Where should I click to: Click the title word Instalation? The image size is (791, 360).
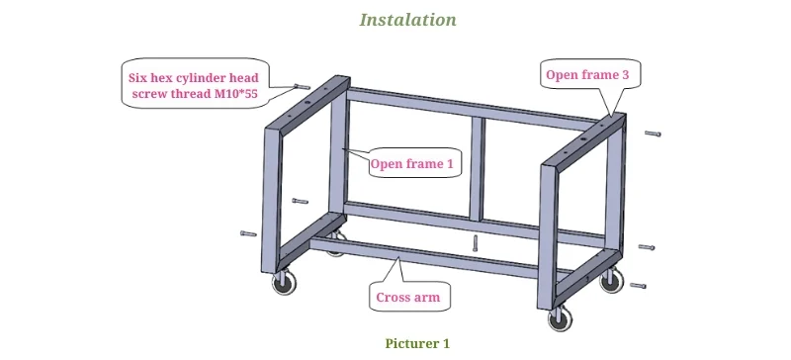(x=407, y=20)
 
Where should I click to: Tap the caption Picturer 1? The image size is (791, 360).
(x=417, y=344)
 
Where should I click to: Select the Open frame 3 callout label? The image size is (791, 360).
(x=587, y=75)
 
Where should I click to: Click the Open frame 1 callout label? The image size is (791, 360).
(x=411, y=163)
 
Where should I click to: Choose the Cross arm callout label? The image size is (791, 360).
(x=408, y=297)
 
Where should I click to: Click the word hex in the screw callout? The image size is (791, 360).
(x=161, y=78)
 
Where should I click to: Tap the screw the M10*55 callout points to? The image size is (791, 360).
(x=302, y=87)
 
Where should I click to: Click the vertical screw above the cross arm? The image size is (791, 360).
(x=475, y=243)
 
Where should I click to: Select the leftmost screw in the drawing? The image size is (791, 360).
(x=248, y=233)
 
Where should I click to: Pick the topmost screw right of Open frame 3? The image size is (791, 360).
(x=653, y=134)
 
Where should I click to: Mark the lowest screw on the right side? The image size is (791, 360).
(x=638, y=286)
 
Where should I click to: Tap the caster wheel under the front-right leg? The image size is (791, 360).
(x=560, y=319)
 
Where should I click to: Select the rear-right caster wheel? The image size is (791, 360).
(x=611, y=280)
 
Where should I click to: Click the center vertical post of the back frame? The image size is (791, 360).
(x=478, y=170)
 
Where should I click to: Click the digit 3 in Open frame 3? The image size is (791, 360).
(x=626, y=75)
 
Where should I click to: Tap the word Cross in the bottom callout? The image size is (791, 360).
(x=393, y=297)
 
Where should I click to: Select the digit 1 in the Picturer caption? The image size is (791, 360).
(x=446, y=344)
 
